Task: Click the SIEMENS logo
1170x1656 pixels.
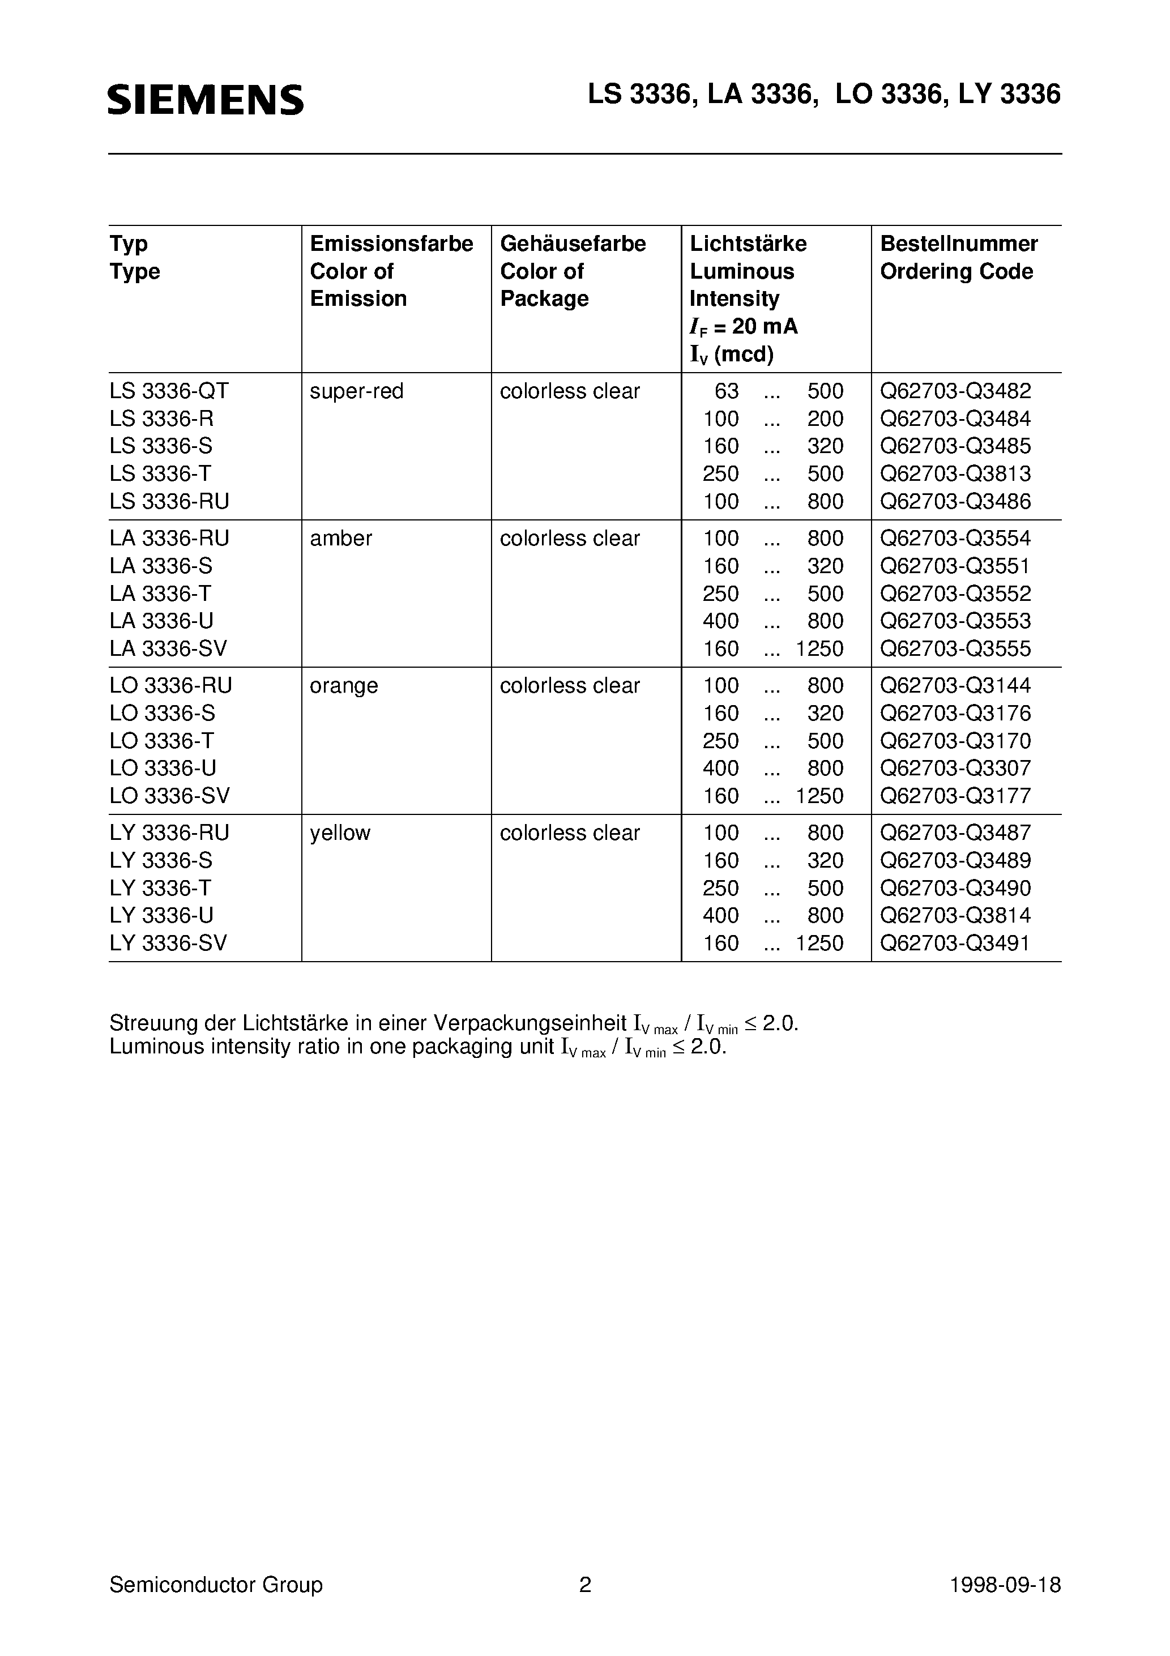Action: [x=206, y=100]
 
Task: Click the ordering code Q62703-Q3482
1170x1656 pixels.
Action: [x=955, y=391]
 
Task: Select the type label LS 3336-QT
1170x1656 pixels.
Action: [x=169, y=391]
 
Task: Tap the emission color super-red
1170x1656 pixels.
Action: [x=356, y=391]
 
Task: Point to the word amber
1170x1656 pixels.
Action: [x=340, y=538]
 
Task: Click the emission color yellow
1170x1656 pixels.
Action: [x=340, y=833]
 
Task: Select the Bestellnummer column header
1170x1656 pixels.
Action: [x=959, y=244]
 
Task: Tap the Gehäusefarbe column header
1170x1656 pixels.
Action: [x=573, y=244]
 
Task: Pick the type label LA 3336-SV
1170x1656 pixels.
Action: [x=168, y=648]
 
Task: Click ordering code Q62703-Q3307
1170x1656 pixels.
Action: [x=955, y=768]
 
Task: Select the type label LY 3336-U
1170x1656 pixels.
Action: [x=161, y=915]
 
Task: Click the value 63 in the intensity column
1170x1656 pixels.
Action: [x=727, y=391]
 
